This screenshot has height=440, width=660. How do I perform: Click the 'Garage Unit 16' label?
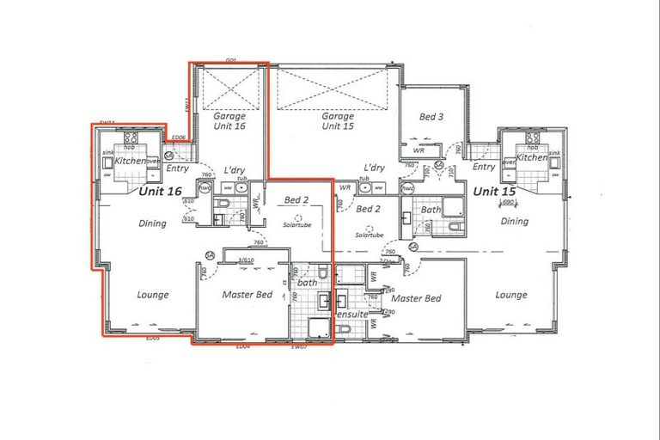pos(229,121)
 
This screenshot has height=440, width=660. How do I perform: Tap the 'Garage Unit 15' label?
pos(338,121)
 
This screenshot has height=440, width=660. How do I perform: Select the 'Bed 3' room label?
pos(431,116)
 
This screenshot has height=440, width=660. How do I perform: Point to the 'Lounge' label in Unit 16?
pos(153,295)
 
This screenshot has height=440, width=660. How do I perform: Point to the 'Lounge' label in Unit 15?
pos(511,295)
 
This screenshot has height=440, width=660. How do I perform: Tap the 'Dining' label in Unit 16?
pos(152,223)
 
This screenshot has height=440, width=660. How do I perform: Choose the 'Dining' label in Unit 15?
pos(515,221)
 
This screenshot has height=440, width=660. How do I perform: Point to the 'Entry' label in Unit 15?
pos(484,167)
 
